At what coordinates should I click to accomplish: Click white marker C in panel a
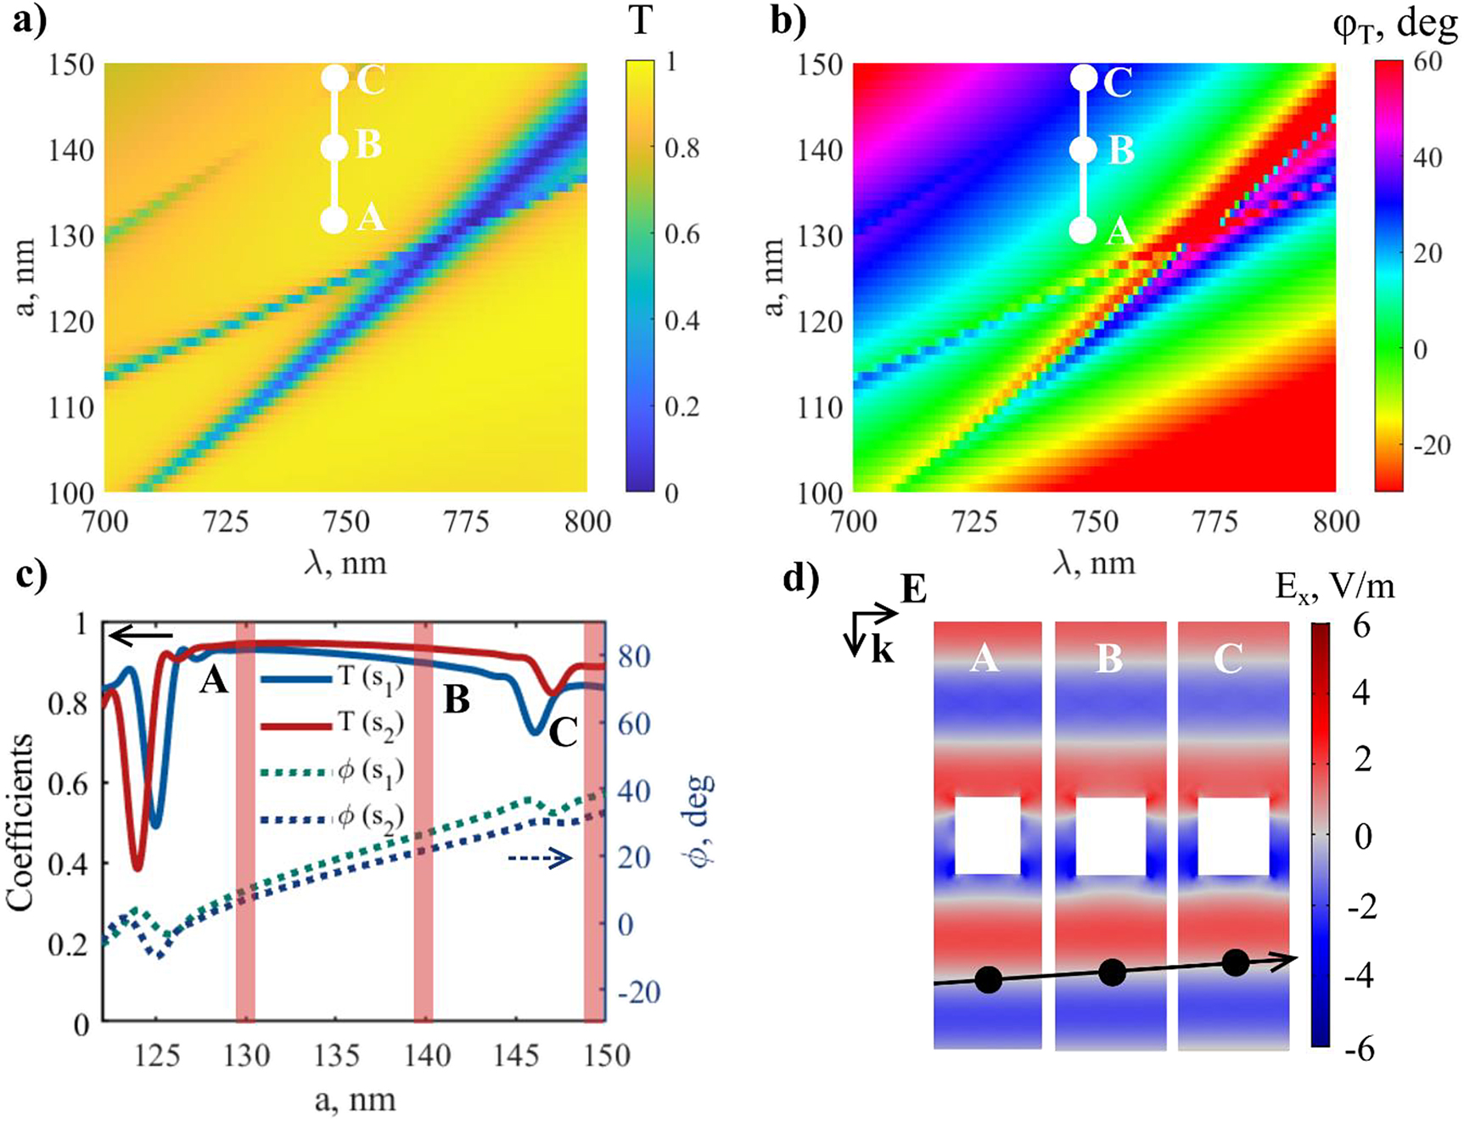[x=335, y=79]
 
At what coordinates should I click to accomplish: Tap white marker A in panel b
[x=1083, y=231]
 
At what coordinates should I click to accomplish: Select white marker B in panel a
[x=335, y=148]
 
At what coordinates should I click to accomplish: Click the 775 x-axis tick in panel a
[x=466, y=521]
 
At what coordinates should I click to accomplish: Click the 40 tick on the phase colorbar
[x=1428, y=157]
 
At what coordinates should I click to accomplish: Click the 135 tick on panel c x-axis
[x=335, y=1056]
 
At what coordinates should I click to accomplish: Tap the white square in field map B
[x=1111, y=836]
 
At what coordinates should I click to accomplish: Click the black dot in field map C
[x=1236, y=962]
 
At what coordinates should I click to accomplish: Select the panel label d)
[x=802, y=580]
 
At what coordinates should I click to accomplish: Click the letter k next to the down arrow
[x=883, y=650]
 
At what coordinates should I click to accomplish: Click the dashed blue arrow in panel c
[x=540, y=860]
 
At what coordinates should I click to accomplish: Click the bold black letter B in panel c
[x=457, y=700]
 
